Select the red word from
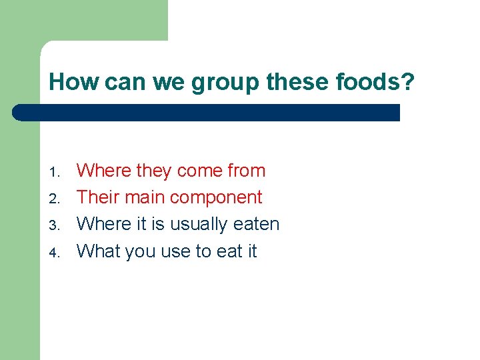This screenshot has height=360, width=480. click(x=246, y=171)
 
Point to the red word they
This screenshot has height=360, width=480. click(x=153, y=171)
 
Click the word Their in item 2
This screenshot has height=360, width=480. click(x=97, y=197)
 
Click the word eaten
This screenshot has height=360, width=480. click(x=257, y=225)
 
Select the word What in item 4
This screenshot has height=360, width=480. click(x=96, y=251)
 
